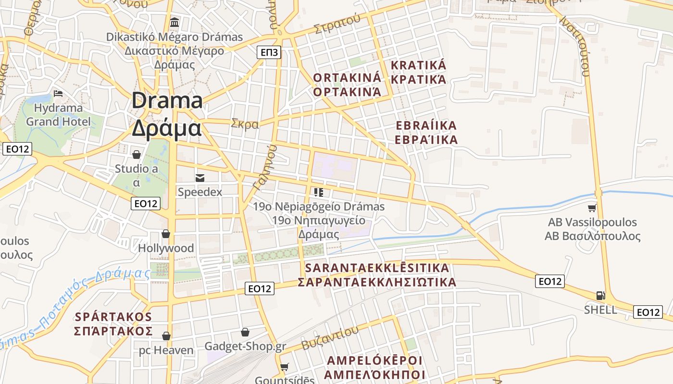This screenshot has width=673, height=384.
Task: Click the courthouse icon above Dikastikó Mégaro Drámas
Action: point(174,22)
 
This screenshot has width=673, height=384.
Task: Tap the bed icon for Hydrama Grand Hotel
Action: point(58,93)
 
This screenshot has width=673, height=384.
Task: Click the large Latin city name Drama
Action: point(167,101)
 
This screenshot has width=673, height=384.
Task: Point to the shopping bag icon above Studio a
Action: point(137,155)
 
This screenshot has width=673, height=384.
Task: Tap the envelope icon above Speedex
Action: point(199,178)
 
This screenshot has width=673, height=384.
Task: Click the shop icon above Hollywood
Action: point(166,234)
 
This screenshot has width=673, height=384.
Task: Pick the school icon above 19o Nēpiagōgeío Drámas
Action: point(318,192)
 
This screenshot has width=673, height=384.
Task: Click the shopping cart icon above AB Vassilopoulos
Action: point(592,208)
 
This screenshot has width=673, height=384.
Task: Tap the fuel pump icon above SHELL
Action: point(600,296)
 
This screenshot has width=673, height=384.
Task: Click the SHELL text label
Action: point(600,310)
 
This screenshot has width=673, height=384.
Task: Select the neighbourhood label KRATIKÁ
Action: point(419,65)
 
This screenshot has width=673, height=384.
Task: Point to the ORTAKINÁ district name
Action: point(347,77)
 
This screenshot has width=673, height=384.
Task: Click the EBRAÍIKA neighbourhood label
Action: point(426,126)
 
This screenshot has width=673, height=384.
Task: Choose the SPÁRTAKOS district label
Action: point(113,317)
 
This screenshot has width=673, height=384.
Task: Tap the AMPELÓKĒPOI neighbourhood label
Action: point(374,360)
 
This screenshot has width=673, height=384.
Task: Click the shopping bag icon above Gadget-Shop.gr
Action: point(245,332)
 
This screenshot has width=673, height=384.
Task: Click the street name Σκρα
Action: point(245,124)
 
